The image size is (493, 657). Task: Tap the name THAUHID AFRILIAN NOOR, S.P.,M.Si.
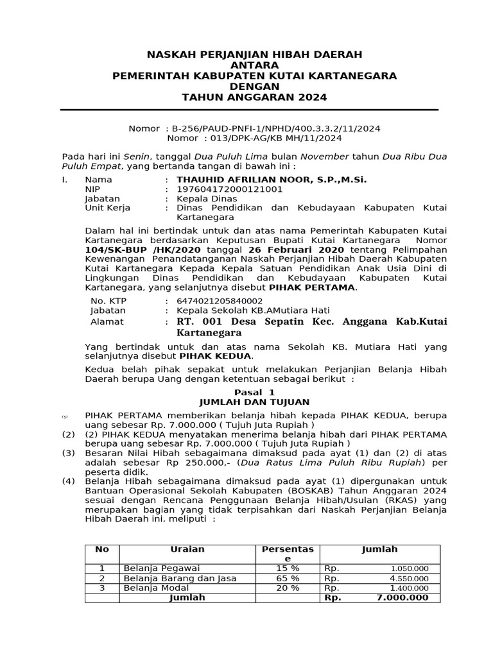click(272, 180)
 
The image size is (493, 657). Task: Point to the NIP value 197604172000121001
click(229, 189)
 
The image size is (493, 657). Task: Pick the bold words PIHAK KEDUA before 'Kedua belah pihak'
click(215, 356)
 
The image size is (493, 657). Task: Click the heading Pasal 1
click(254, 392)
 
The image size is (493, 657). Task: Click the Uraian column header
click(187, 549)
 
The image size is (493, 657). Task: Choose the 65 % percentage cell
click(288, 578)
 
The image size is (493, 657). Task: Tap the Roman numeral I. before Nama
click(65, 180)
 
